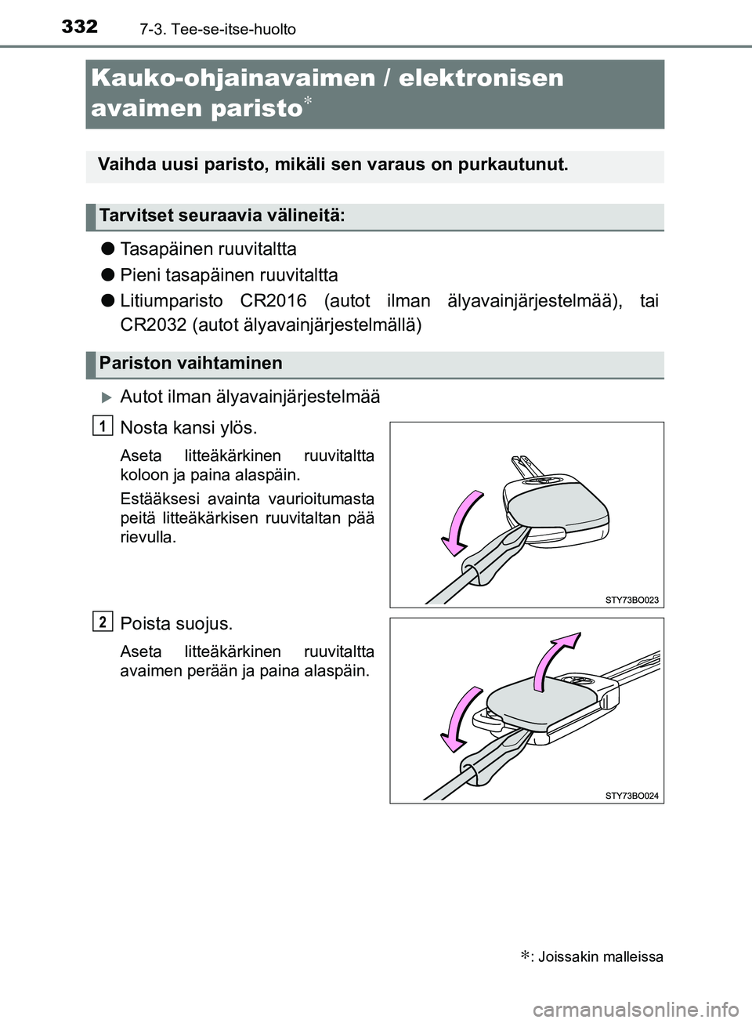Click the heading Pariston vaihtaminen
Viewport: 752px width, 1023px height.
coord(191,364)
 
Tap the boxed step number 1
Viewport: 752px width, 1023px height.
coord(101,425)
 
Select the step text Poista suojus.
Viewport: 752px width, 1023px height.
coord(176,624)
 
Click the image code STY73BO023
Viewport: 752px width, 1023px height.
coord(631,600)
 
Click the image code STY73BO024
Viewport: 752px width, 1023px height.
coord(631,796)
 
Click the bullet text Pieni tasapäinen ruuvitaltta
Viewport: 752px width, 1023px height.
coord(229,275)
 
